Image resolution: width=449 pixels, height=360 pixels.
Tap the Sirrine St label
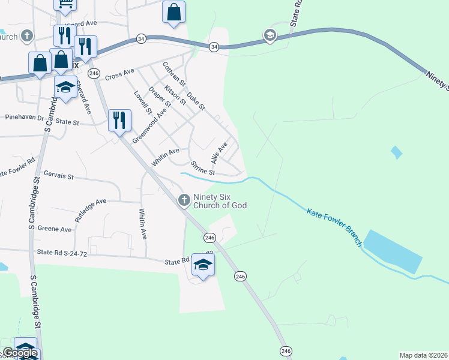point(202,168)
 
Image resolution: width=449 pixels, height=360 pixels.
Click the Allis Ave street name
point(219,152)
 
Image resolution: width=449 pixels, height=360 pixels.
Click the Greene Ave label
point(55,229)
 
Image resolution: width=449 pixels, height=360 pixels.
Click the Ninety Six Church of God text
point(220,201)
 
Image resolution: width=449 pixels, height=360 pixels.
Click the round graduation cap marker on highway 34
point(270,36)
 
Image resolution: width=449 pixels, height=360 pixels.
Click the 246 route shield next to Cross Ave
point(93,73)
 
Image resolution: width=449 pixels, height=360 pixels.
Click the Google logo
point(20,353)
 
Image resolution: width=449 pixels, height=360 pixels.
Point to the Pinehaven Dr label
point(24,118)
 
